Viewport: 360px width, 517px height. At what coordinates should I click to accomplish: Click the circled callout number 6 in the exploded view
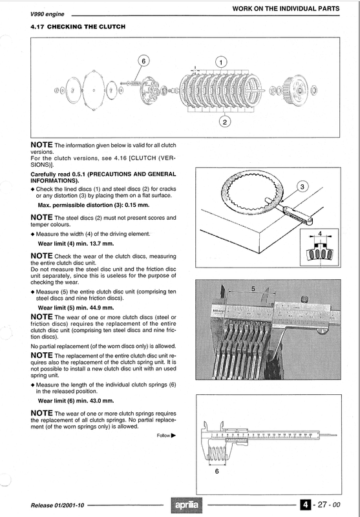click(143, 61)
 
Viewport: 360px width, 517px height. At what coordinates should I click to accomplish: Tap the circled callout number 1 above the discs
click(221, 62)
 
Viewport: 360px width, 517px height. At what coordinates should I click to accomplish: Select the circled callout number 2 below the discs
click(225, 122)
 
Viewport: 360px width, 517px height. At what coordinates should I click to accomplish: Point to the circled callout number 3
click(302, 187)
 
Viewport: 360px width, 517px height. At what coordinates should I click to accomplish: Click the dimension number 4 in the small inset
click(319, 233)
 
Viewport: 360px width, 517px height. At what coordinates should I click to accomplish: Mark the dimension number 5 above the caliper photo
click(253, 289)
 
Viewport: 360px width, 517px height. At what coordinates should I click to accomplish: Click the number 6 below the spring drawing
click(217, 472)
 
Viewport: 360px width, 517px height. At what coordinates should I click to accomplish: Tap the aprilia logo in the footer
click(187, 505)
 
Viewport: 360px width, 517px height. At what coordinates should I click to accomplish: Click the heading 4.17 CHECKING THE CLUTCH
click(78, 26)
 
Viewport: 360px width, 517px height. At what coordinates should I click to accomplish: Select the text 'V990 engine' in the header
click(47, 14)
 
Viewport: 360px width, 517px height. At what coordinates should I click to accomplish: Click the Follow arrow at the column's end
click(173, 435)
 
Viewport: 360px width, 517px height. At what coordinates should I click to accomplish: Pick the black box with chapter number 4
click(306, 505)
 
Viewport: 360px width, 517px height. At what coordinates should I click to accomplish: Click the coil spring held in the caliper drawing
click(218, 454)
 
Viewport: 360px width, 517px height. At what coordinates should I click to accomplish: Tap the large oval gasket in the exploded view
click(94, 90)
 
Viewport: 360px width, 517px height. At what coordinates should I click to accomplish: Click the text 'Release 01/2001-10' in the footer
click(58, 505)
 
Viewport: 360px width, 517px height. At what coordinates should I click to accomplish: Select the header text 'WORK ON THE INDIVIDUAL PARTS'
click(286, 8)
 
